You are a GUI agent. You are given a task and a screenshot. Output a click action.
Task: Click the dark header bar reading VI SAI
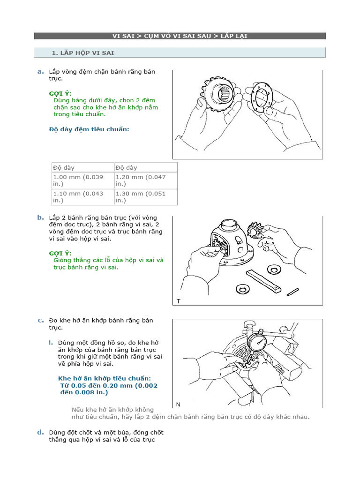(x=180, y=36)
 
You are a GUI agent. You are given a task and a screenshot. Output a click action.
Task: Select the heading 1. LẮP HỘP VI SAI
(x=83, y=53)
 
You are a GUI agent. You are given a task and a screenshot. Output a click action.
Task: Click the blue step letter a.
(x=40, y=71)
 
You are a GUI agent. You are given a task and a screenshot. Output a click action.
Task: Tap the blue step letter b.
(x=40, y=217)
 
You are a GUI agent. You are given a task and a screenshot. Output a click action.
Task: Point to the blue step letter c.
(x=40, y=320)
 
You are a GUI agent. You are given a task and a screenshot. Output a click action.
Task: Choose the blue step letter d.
(x=40, y=432)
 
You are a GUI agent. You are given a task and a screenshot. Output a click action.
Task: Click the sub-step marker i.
(x=50, y=342)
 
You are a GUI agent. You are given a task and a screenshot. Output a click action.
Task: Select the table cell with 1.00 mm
(x=82, y=180)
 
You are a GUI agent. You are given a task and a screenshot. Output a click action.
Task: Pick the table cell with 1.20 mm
(x=145, y=180)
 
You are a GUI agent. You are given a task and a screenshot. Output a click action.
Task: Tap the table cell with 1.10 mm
(x=82, y=197)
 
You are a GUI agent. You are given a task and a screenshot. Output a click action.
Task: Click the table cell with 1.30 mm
(x=145, y=197)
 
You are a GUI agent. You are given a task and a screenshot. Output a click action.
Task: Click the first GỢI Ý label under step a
(x=60, y=93)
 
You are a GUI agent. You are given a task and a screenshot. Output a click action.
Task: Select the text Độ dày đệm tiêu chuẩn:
(x=89, y=129)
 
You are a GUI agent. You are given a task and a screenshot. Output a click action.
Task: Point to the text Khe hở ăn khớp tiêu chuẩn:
(x=105, y=378)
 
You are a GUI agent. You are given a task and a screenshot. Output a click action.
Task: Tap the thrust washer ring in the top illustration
(x=263, y=98)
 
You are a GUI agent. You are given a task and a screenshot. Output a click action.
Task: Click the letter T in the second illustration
(x=179, y=301)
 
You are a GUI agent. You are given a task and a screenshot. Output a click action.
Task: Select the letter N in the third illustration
(x=179, y=405)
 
